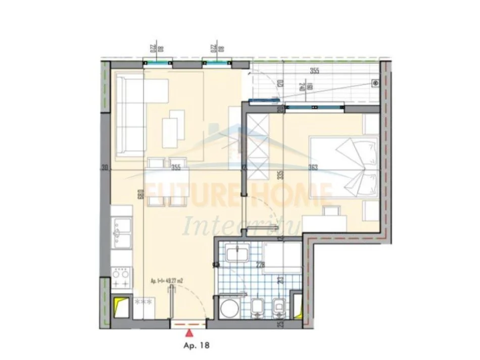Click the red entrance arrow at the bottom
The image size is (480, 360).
click(x=189, y=332)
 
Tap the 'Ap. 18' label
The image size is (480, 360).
click(x=195, y=346)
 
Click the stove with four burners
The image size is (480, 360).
click(x=122, y=277)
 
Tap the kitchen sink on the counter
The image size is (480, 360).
click(x=121, y=232)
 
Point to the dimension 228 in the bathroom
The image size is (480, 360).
click(x=260, y=264)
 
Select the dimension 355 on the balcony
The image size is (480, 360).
click(x=314, y=71)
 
